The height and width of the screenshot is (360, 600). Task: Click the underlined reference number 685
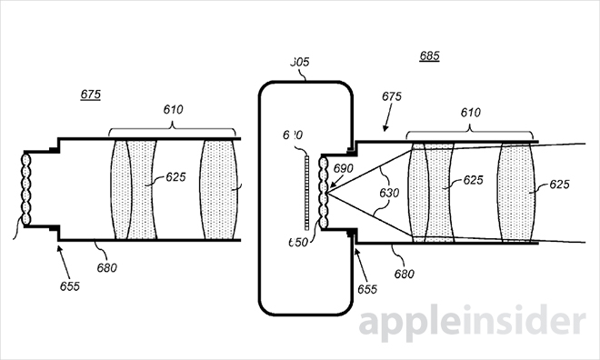[429, 55]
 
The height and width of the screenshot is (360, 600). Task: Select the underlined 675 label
[90, 95]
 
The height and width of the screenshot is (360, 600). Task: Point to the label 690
[344, 170]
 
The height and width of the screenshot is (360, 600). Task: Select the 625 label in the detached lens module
[176, 178]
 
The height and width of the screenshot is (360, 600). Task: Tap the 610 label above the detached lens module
[173, 111]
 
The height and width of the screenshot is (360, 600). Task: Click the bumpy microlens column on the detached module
[27, 189]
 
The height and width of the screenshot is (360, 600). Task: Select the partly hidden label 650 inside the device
[296, 243]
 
